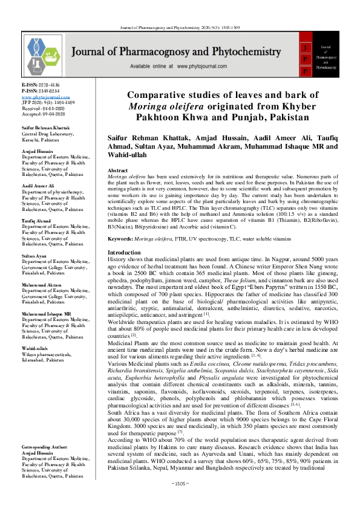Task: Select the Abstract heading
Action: click(117, 171)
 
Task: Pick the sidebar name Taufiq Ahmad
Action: click(38, 222)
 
